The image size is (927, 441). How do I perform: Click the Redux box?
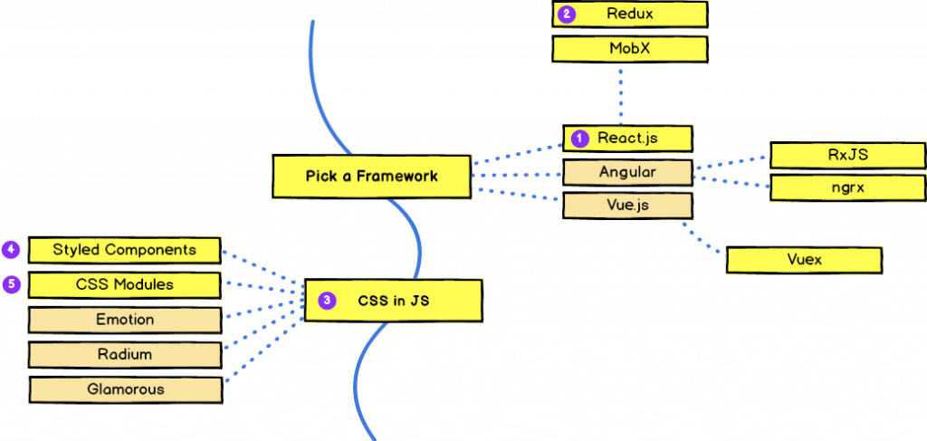[629, 14]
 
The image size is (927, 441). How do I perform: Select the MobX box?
[629, 49]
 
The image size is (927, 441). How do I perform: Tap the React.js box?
[628, 139]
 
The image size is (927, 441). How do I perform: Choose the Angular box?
[628, 172]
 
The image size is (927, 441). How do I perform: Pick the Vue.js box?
[628, 206]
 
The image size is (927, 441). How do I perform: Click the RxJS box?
[847, 155]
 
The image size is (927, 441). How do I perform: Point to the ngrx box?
[847, 188]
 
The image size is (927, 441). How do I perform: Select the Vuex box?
[804, 261]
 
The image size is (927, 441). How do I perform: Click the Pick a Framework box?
[371, 177]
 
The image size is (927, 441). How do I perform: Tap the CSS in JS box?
[392, 301]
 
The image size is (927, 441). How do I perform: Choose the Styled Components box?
[125, 250]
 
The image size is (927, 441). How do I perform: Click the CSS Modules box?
[125, 284]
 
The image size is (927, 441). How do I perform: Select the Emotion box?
[125, 320]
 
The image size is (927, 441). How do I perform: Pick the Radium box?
[125, 355]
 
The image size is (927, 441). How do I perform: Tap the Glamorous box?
[125, 389]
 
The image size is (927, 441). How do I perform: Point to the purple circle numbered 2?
[568, 14]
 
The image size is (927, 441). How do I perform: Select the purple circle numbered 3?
[328, 301]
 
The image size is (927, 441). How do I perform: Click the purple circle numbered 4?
[11, 249]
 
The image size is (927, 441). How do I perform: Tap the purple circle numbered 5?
[11, 283]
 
